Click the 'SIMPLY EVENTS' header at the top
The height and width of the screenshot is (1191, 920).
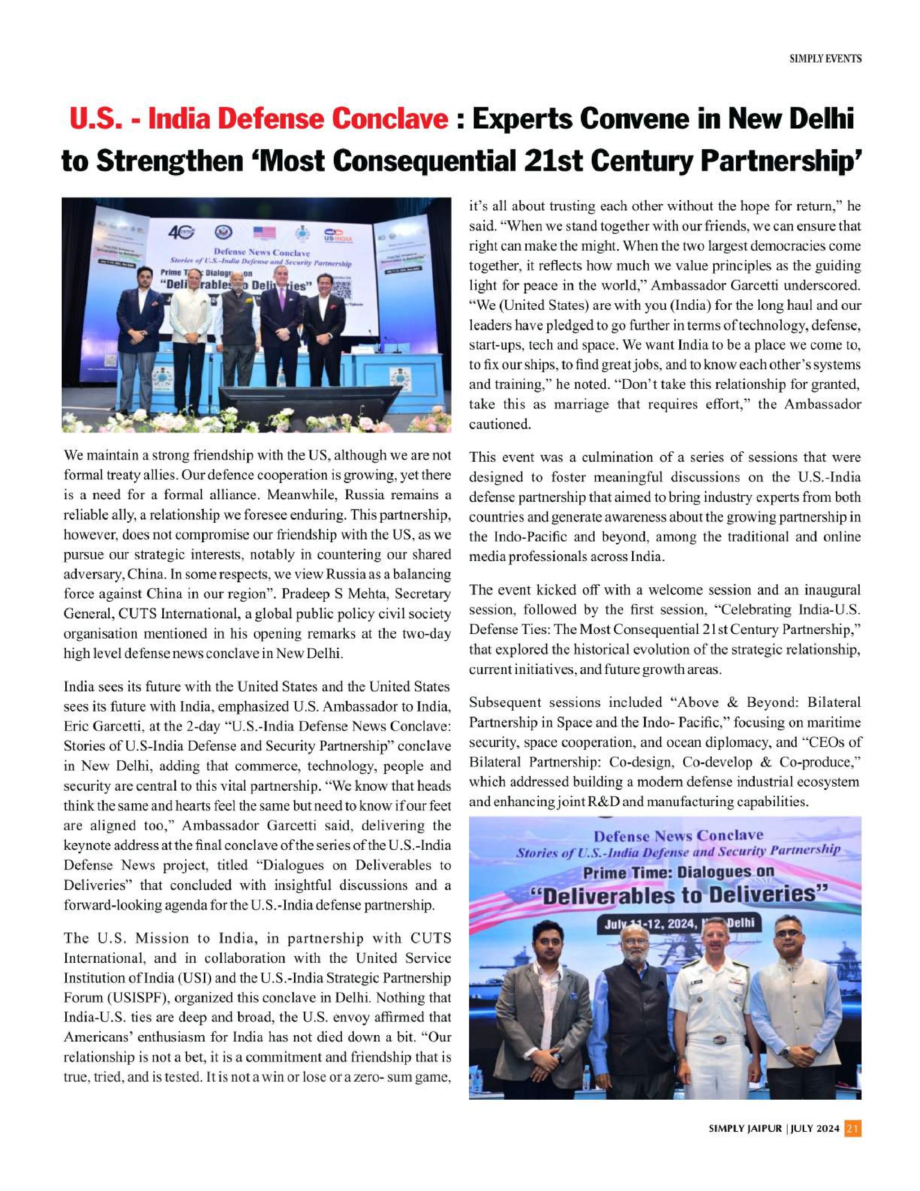[x=825, y=59]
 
